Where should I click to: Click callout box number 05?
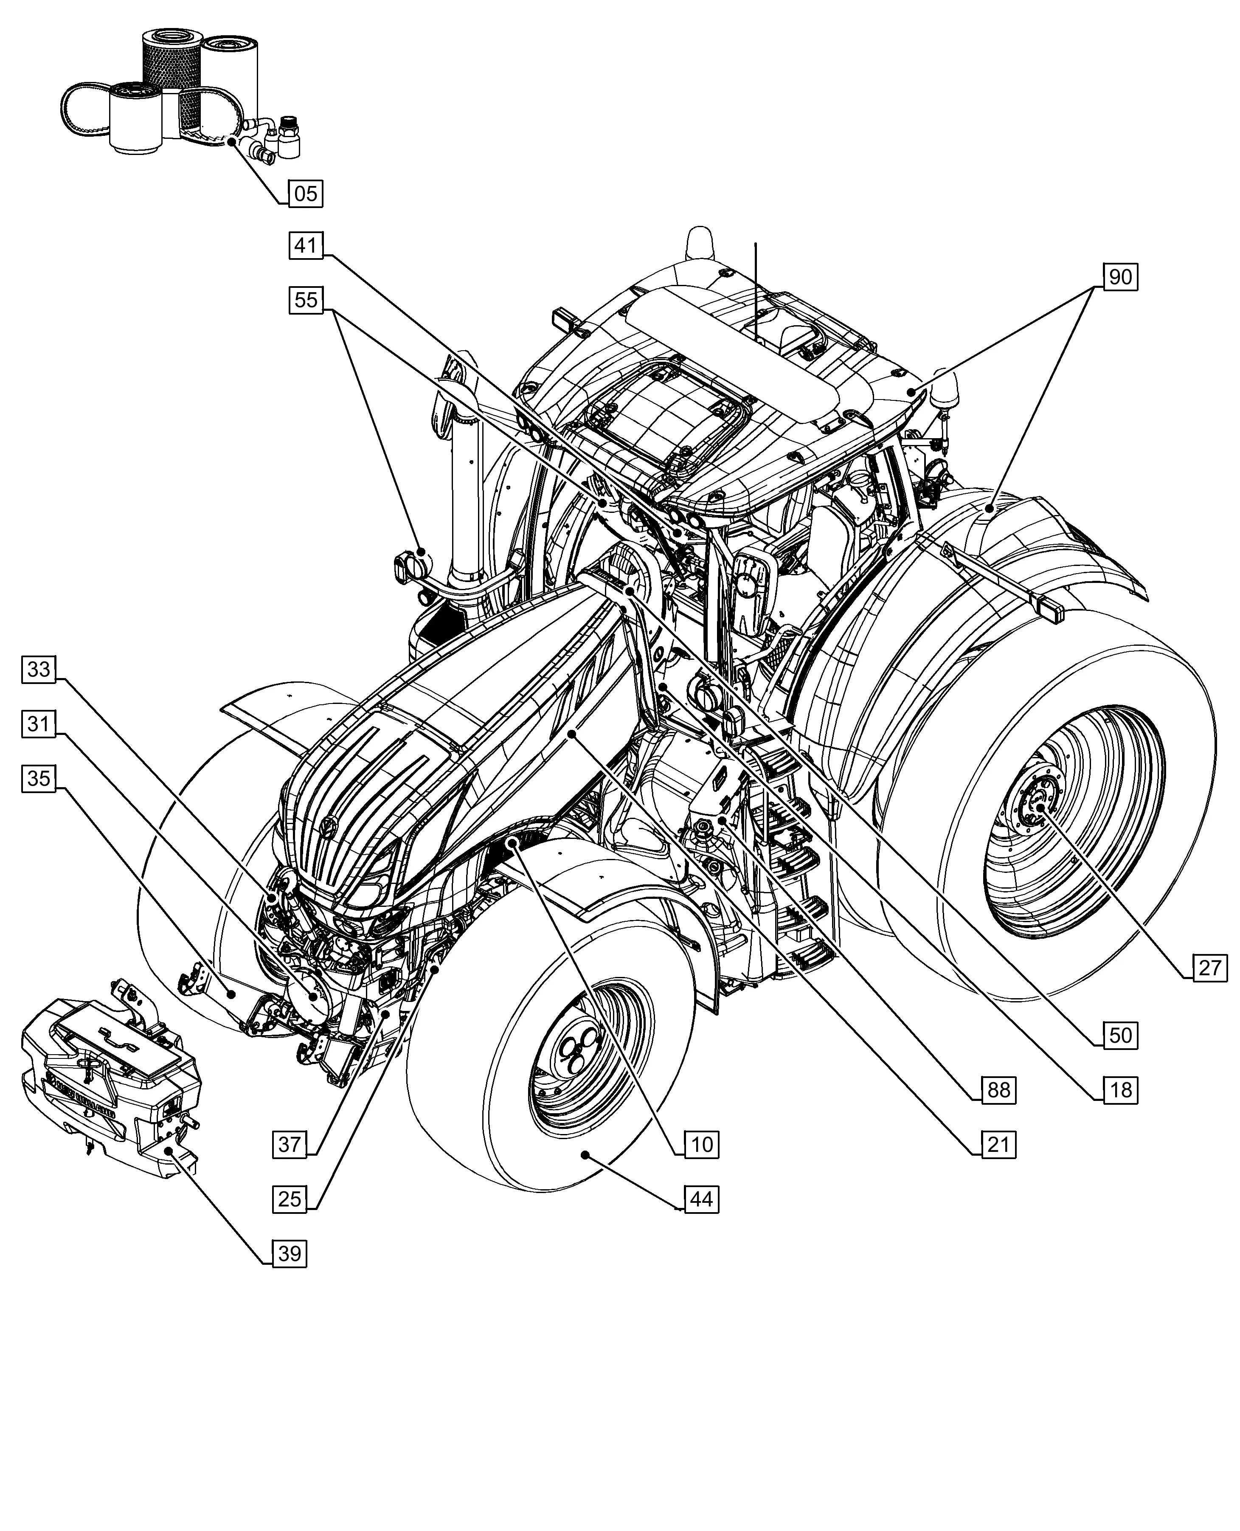[306, 194]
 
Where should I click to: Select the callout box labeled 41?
[306, 246]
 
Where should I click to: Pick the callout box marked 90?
[1120, 276]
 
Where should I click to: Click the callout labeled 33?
[39, 670]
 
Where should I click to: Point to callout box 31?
[39, 724]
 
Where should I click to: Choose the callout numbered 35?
[39, 777]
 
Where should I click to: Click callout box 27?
[1210, 968]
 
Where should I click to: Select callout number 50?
[1120, 1035]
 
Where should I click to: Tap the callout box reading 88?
[998, 1090]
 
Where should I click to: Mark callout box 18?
[1120, 1090]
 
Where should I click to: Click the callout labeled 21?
[998, 1145]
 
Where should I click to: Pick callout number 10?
[701, 1145]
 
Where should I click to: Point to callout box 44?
[701, 1199]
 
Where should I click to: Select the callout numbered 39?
[289, 1254]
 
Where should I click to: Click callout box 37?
[289, 1145]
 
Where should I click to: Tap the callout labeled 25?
[289, 1199]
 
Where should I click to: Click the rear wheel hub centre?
[1039, 807]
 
